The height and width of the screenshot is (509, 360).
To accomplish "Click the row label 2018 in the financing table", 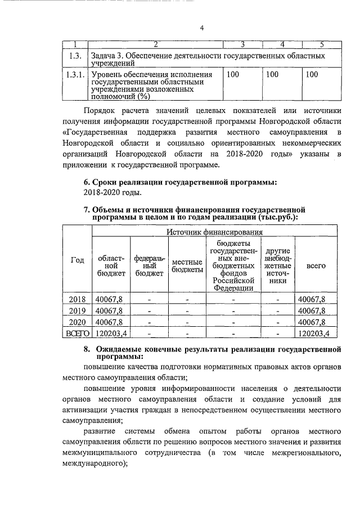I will pyautogui.click(x=76, y=299).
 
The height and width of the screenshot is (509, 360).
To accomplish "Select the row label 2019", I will pyautogui.click(x=76, y=310).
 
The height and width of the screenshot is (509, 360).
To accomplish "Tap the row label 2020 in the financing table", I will pyautogui.click(x=76, y=322).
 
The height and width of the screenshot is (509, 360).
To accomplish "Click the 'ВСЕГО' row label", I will pyautogui.click(x=76, y=334).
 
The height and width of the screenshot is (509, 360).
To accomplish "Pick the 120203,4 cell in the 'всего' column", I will pyautogui.click(x=316, y=334).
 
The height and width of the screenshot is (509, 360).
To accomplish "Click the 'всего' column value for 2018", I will pyautogui.click(x=316, y=299).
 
